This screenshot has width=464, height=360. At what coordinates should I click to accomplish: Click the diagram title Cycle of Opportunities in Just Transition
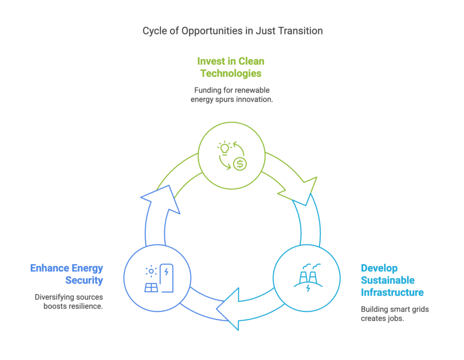232,31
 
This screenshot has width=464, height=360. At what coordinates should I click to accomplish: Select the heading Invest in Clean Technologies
231,67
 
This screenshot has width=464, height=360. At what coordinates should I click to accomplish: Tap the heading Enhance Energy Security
67,274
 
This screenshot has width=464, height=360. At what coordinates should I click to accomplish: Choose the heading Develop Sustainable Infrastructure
392,280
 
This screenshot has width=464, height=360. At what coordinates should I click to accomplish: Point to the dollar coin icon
240,164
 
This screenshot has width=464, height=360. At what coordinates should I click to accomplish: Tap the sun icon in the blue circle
150,271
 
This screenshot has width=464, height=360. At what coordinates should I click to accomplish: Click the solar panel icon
151,287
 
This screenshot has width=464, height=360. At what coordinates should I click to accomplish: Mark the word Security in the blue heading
84,280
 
